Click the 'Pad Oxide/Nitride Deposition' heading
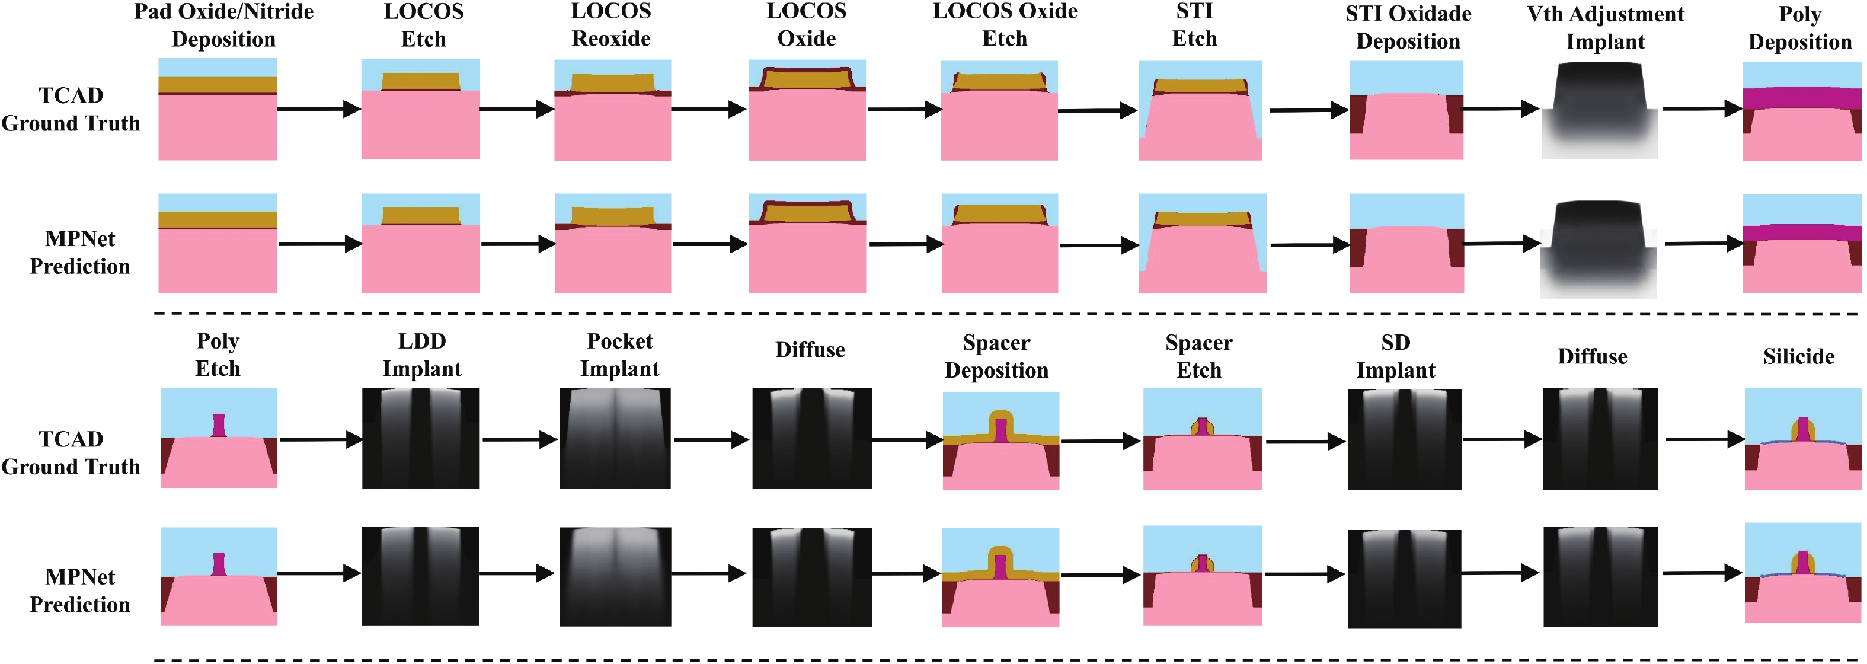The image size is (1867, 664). [223, 25]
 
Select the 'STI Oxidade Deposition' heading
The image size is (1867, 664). [1408, 27]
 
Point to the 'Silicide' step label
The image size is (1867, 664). [1798, 357]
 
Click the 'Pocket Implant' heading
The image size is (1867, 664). [620, 355]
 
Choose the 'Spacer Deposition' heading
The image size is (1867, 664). [996, 357]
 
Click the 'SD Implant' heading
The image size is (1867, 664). [1395, 357]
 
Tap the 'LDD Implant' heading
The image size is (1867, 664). [422, 355]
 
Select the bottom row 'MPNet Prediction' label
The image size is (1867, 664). [80, 591]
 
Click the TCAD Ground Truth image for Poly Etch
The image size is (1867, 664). [218, 438]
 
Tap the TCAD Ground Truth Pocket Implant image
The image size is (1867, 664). [615, 438]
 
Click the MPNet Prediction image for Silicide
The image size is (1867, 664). [1802, 573]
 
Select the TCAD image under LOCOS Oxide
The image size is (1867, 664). [807, 110]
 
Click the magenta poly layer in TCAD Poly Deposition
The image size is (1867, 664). [1802, 98]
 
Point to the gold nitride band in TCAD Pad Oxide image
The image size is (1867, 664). [218, 85]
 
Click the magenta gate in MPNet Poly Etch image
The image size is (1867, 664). [219, 564]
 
